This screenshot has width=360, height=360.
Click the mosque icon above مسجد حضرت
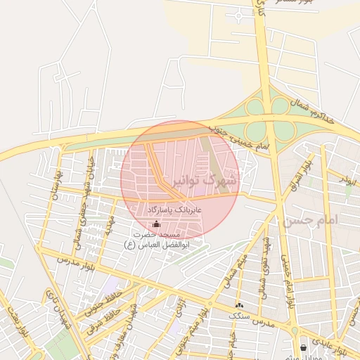tap(156, 224)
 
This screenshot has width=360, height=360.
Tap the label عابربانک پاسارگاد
tap(175, 210)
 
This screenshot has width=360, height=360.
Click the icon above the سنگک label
tap(240, 305)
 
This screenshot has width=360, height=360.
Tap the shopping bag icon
tap(303, 347)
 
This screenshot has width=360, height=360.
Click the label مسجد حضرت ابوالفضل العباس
tap(157, 239)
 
